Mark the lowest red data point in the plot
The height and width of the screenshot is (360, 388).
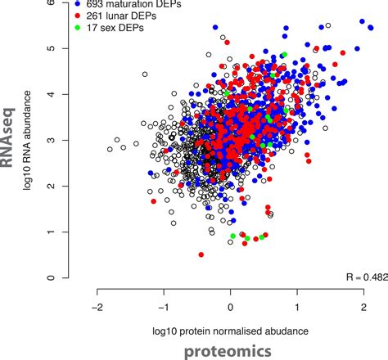[201, 254]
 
